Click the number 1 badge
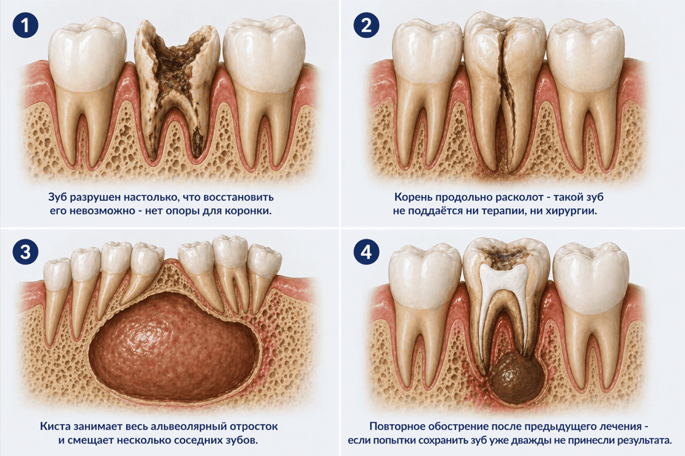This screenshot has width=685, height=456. pos(25,25)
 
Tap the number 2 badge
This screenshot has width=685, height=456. pos(366,25)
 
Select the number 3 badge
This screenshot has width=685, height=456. pos(25,252)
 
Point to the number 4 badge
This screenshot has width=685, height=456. pos(366,252)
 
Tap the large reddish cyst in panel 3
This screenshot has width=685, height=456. pos(174,348)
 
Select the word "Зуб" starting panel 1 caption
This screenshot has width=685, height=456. pos(57,197)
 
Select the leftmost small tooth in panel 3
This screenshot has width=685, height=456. pos(57,275)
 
